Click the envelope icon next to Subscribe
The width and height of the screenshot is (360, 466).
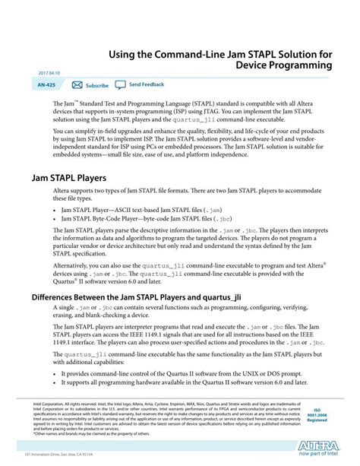pyautogui.click(x=77, y=85)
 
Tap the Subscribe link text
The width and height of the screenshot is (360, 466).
pyautogui.click(x=97, y=86)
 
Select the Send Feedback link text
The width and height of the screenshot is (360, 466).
pyautogui.click(x=147, y=85)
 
